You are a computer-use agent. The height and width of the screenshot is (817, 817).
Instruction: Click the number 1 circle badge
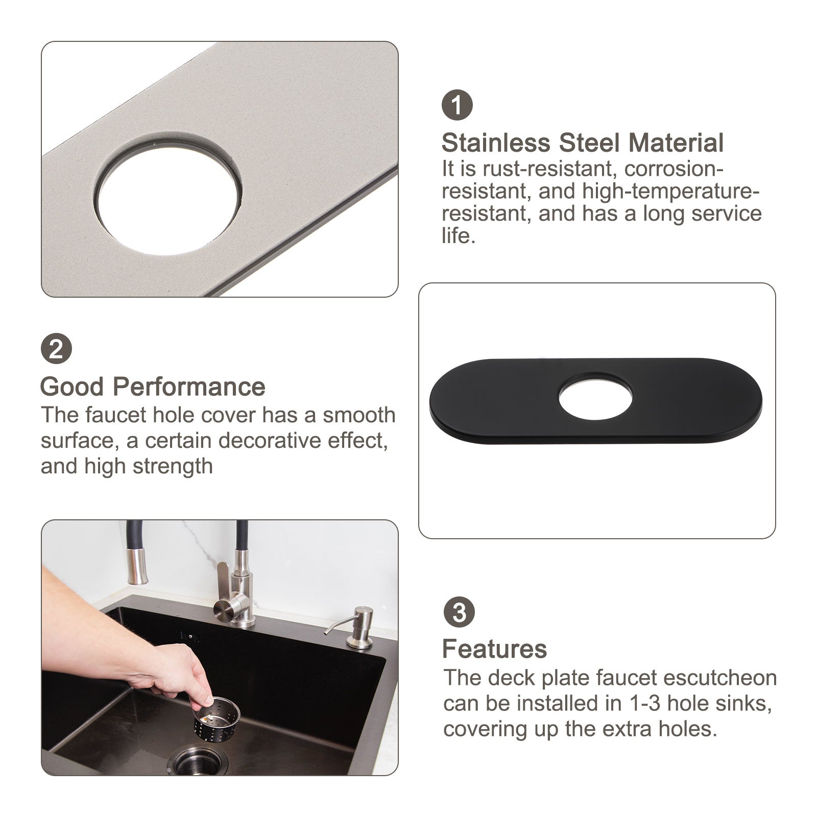coord(457,105)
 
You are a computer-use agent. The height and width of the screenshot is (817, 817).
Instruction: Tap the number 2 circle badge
coord(56,349)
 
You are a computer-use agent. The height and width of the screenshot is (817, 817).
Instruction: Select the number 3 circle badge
coord(459,612)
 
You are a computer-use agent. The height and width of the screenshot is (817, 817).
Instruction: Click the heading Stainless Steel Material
coord(583,142)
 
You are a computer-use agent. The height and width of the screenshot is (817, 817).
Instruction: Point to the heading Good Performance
coord(153,387)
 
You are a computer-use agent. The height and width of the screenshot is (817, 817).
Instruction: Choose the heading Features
coord(494,649)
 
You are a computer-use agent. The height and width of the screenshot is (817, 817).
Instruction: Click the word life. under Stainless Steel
coord(459,236)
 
